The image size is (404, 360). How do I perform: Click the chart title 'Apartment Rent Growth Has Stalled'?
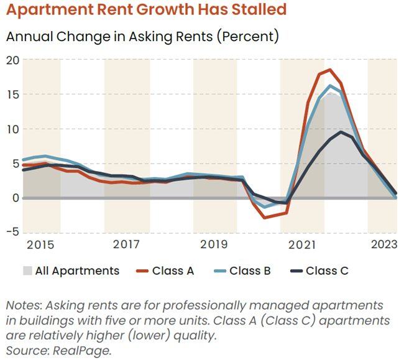coord(146,11)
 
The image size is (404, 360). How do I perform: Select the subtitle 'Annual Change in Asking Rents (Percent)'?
coord(142,36)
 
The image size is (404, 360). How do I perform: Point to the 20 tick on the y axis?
coord(12,60)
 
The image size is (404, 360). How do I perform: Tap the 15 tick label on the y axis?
coord(12,95)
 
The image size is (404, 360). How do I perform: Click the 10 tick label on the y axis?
coord(12,129)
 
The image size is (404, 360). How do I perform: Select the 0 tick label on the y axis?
coord(16,198)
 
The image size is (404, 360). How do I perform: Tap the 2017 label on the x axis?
coord(126,244)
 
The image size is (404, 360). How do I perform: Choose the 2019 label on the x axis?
coord(214,244)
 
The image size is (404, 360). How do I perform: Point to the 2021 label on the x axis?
coord(302,244)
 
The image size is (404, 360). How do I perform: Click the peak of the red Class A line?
coord(329,70)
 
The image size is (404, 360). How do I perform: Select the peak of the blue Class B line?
coord(330,86)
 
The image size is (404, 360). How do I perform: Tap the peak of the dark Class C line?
coord(341,132)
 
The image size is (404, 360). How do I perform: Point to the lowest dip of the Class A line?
coord(265,218)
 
